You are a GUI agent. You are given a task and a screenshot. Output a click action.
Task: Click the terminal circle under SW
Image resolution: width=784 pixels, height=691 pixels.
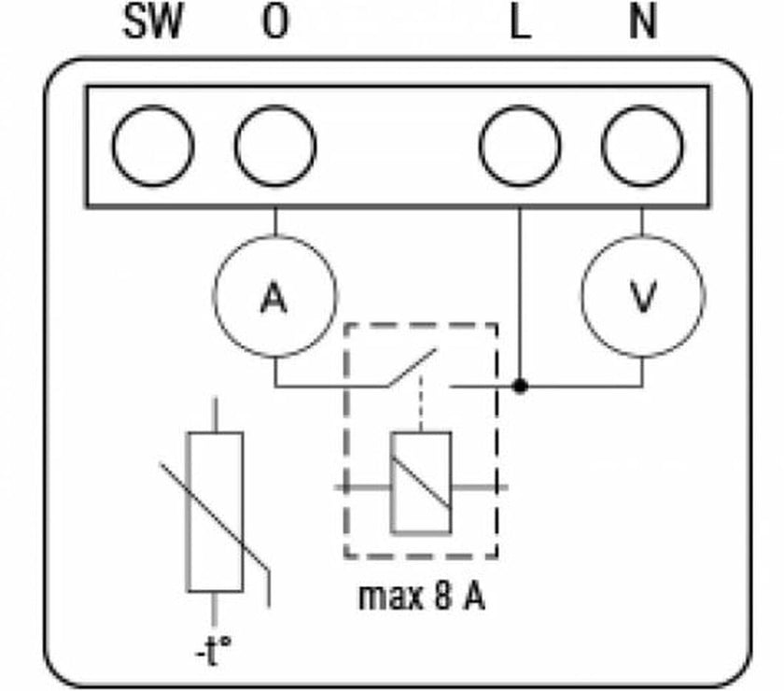point(153,147)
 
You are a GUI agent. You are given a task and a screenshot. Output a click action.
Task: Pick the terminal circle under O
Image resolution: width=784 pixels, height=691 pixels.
point(275,147)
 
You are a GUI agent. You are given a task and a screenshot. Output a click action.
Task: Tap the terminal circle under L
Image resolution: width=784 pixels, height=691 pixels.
point(520,147)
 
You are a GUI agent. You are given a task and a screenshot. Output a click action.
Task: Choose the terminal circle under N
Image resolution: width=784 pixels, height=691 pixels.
point(642,147)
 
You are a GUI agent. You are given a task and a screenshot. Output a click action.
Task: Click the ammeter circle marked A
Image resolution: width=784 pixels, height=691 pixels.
point(274,297)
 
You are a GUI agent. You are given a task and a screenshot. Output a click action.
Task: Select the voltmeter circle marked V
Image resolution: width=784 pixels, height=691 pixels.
point(642,297)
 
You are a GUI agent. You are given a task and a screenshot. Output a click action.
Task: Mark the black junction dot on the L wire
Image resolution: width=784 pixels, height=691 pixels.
point(520,385)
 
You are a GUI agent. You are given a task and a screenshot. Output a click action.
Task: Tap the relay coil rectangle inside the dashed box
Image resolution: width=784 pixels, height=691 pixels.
point(421,483)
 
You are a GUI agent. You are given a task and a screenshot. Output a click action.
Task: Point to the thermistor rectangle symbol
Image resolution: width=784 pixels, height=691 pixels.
point(215,511)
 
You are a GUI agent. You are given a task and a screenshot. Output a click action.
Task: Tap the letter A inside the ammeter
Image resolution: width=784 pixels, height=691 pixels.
point(273,299)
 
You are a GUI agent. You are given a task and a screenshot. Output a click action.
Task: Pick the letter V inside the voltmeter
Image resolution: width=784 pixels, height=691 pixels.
point(642,299)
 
